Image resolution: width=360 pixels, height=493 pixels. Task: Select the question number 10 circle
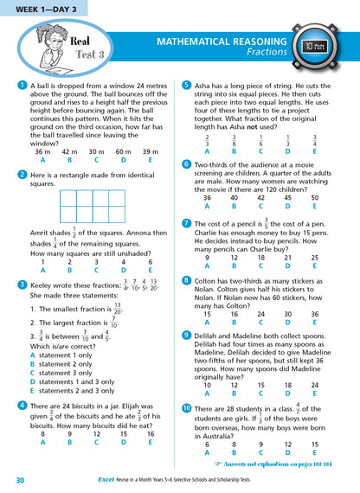187,407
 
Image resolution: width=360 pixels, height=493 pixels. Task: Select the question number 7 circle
187,223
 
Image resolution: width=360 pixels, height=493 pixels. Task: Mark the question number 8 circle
187,280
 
